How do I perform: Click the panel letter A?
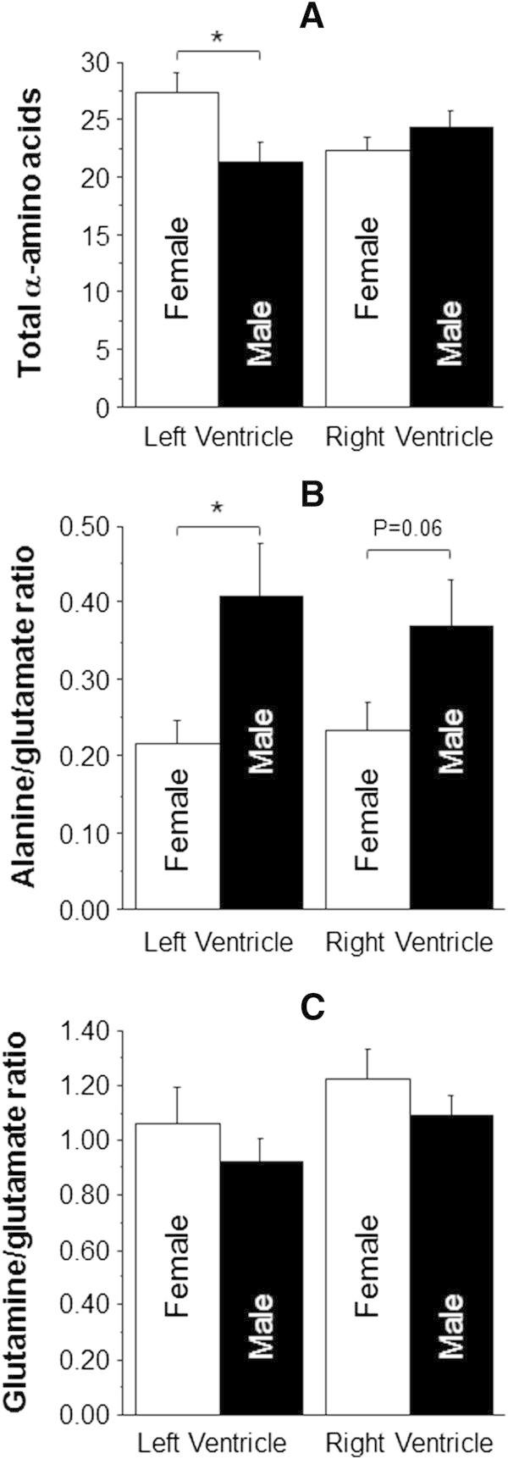[312, 18]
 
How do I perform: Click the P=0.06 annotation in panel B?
[409, 530]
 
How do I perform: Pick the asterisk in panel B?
[218, 508]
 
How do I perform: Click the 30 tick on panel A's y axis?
[99, 62]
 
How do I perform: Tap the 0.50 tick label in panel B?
[87, 527]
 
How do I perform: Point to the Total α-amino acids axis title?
[30, 231]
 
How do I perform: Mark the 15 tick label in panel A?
[99, 235]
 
